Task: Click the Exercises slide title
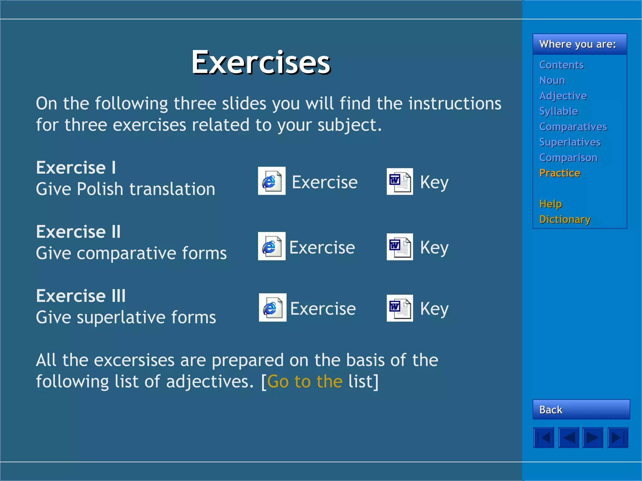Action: (261, 62)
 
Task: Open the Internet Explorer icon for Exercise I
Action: (271, 181)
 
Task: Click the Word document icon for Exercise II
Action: (400, 247)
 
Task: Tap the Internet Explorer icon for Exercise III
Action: (272, 308)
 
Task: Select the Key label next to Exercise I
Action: (434, 182)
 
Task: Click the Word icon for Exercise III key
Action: (400, 308)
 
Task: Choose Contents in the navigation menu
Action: (561, 65)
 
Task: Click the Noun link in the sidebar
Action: (552, 80)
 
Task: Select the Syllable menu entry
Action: (558, 111)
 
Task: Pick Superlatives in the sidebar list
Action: (570, 142)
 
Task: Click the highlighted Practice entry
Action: (560, 173)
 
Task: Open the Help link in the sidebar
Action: (550, 204)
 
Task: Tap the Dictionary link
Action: (565, 219)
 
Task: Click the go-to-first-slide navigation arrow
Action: (544, 437)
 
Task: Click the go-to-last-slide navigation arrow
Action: (618, 437)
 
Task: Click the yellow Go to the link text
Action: (305, 381)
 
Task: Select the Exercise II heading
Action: (78, 232)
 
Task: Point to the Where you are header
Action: (577, 44)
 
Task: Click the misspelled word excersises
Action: (134, 360)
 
